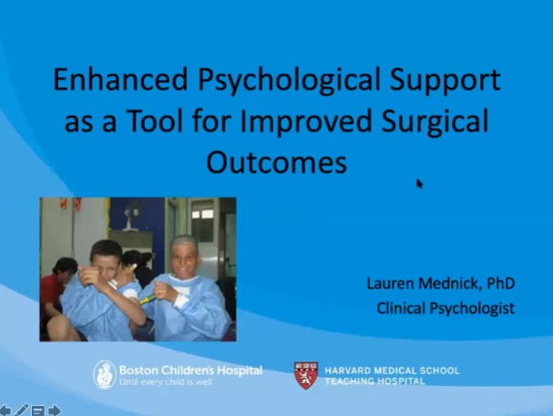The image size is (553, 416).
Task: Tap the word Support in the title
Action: pos(442,81)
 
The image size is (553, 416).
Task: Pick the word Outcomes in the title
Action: pos(276,162)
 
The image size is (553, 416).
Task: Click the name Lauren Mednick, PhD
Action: pos(441,284)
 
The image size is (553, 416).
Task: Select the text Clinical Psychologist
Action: pos(445,308)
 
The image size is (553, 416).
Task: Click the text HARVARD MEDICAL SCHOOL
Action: pos(392,370)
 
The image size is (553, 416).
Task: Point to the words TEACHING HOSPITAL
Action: pos(374,380)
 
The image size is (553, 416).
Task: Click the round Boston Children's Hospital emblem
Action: pos(105,374)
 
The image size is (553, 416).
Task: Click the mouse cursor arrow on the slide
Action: pos(419,183)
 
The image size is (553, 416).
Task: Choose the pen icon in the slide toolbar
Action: pos(22,411)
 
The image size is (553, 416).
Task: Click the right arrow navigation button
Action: pos(55,411)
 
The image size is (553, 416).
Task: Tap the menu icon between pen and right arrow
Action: pos(38,411)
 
